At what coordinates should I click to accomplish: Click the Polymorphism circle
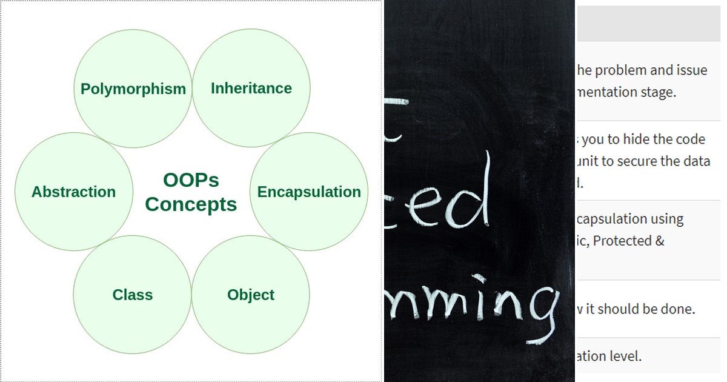(x=133, y=89)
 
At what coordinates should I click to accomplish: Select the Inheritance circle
(x=251, y=89)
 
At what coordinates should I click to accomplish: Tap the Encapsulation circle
(x=309, y=192)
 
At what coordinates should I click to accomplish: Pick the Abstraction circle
(x=73, y=192)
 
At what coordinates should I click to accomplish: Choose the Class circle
(x=132, y=295)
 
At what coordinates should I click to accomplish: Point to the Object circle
(x=251, y=295)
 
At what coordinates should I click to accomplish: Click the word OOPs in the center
(x=191, y=180)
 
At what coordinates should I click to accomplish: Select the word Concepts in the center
(x=191, y=204)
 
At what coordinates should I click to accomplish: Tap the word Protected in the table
(x=624, y=241)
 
